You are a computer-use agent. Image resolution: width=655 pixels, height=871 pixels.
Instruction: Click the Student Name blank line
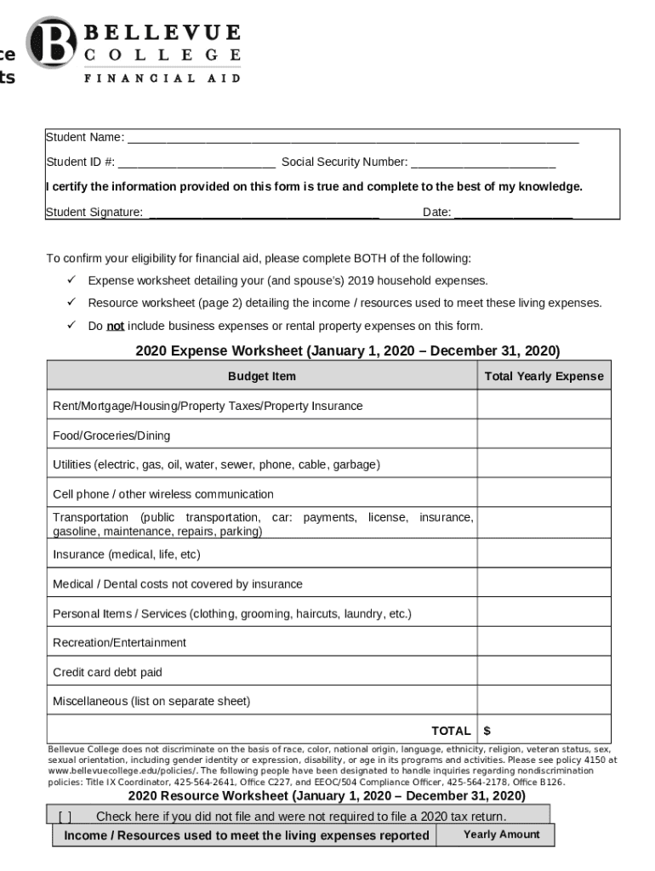tap(352, 139)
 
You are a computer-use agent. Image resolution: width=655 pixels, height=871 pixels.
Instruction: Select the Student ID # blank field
tap(196, 163)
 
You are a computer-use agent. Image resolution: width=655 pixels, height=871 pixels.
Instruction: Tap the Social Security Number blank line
tap(483, 163)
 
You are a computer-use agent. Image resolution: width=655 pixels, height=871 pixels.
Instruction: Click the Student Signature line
tap(264, 213)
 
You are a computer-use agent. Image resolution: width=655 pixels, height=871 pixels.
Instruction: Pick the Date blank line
tap(514, 213)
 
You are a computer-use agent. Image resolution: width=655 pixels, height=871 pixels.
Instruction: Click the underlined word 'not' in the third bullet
tap(115, 326)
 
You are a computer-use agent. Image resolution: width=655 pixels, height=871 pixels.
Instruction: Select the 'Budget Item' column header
tap(262, 376)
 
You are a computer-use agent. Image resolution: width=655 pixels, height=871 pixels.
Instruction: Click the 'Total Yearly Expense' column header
tap(544, 376)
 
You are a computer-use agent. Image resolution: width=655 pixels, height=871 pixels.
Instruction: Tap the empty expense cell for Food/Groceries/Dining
tap(544, 435)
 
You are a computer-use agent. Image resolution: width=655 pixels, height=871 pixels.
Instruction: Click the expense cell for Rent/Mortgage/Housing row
tap(544, 406)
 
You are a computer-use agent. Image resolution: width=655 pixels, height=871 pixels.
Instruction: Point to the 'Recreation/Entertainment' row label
tap(119, 642)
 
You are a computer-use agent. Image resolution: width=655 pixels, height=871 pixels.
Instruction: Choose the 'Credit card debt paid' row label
tap(107, 672)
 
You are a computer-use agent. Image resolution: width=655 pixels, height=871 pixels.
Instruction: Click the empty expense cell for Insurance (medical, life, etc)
tap(544, 554)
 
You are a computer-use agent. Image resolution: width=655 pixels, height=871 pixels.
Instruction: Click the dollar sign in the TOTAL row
tap(487, 731)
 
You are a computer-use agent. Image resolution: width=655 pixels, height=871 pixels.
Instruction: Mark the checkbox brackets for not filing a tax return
tap(65, 817)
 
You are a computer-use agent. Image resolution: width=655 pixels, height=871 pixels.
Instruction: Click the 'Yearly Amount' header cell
tap(501, 834)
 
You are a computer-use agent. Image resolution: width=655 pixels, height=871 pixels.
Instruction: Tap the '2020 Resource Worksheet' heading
tap(327, 796)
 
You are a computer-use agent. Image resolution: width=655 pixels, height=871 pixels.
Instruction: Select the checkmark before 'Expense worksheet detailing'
tap(72, 280)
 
